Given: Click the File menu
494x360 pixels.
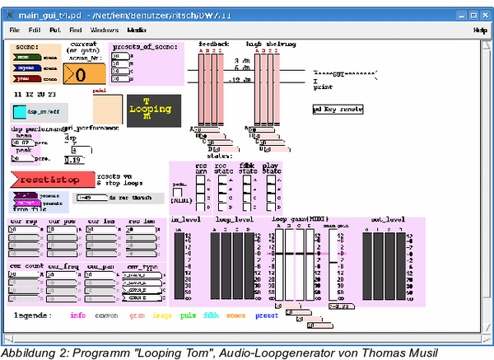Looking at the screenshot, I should (14, 30).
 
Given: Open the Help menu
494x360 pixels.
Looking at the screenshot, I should (480, 30).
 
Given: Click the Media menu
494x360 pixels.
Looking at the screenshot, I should (137, 30).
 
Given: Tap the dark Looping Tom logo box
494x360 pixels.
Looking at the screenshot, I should (149, 110).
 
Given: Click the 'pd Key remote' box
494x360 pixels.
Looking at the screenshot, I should (338, 109).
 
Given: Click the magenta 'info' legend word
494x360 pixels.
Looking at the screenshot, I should (77, 315).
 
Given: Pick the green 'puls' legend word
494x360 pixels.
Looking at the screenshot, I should (188, 315).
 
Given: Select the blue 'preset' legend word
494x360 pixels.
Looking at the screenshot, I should (267, 315).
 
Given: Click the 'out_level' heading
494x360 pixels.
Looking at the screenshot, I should (389, 220).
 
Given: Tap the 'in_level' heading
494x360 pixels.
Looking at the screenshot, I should (185, 220).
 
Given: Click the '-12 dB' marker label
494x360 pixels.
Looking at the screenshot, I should (241, 79).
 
